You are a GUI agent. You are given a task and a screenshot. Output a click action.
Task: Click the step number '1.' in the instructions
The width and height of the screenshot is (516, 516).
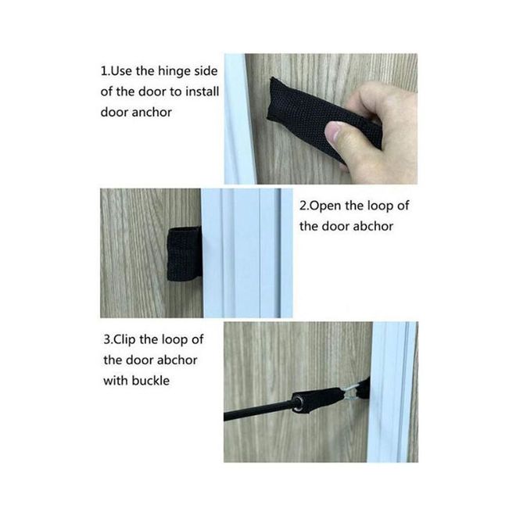tap(105, 71)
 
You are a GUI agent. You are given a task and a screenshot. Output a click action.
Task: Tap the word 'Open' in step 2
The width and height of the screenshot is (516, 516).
tap(325, 206)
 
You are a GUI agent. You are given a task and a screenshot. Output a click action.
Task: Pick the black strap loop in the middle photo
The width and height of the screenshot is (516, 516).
tap(185, 254)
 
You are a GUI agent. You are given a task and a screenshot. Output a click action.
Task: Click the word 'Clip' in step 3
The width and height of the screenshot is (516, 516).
tap(124, 339)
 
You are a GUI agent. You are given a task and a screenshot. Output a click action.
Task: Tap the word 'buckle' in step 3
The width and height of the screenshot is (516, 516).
tap(150, 381)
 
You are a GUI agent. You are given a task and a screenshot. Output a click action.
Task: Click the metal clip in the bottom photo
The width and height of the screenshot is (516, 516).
tap(350, 393)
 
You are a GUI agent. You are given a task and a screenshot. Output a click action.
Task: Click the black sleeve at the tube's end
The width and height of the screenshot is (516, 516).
tap(318, 400)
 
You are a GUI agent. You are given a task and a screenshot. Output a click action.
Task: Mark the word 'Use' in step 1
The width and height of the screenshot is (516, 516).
tap(120, 71)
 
